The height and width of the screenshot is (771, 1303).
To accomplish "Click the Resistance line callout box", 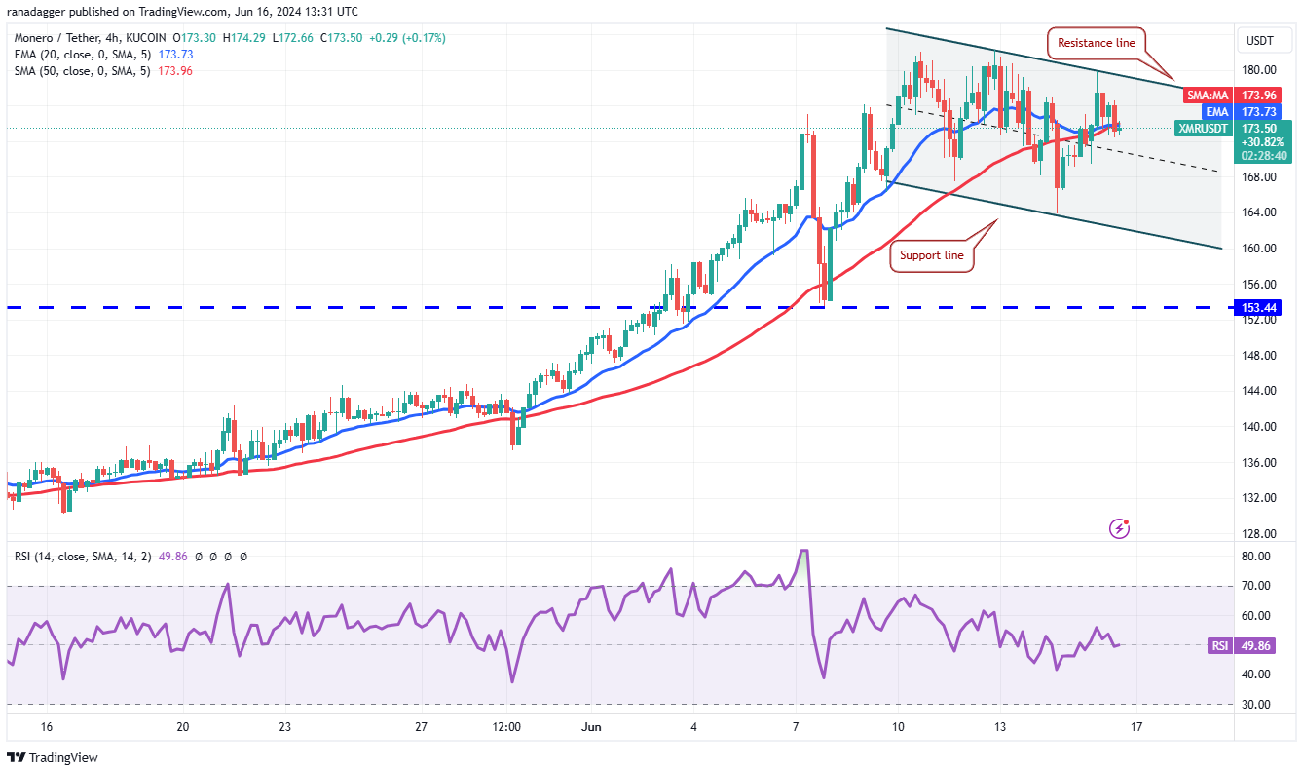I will tap(1097, 43).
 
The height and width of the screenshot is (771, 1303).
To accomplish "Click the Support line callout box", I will tap(931, 255).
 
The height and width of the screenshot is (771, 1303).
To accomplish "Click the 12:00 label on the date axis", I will tap(506, 726).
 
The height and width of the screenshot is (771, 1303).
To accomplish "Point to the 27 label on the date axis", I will tap(421, 726).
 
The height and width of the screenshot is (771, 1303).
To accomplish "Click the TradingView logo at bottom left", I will tap(54, 757).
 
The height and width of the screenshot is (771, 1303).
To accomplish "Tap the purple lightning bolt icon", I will tap(1120, 528).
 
